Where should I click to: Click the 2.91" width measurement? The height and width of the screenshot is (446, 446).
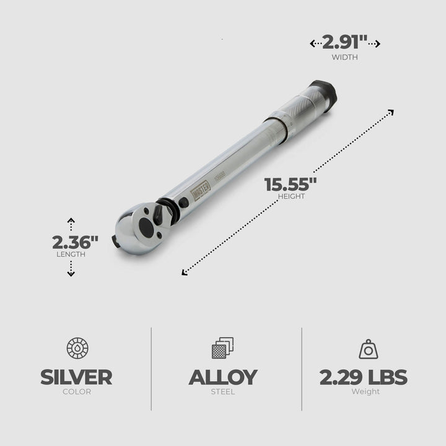[345, 43]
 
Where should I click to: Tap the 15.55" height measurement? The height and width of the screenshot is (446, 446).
[291, 185]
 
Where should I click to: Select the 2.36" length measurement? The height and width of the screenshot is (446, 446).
[76, 242]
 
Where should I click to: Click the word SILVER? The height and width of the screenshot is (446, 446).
[76, 377]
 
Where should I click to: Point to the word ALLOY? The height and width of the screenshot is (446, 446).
[223, 377]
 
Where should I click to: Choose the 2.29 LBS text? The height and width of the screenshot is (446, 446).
[364, 377]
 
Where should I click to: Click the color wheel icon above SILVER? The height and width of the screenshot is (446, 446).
[76, 348]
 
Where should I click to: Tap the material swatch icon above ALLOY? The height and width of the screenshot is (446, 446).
[223, 348]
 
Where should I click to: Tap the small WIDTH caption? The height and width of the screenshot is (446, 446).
[345, 58]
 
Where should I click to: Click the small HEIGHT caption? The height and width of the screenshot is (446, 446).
[292, 197]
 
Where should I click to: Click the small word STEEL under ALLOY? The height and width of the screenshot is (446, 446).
[223, 392]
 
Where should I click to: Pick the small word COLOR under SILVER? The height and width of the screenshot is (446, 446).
[76, 392]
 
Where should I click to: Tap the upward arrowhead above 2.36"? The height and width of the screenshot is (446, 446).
[71, 221]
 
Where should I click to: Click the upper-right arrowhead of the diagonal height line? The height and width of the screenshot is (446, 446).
[390, 111]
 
